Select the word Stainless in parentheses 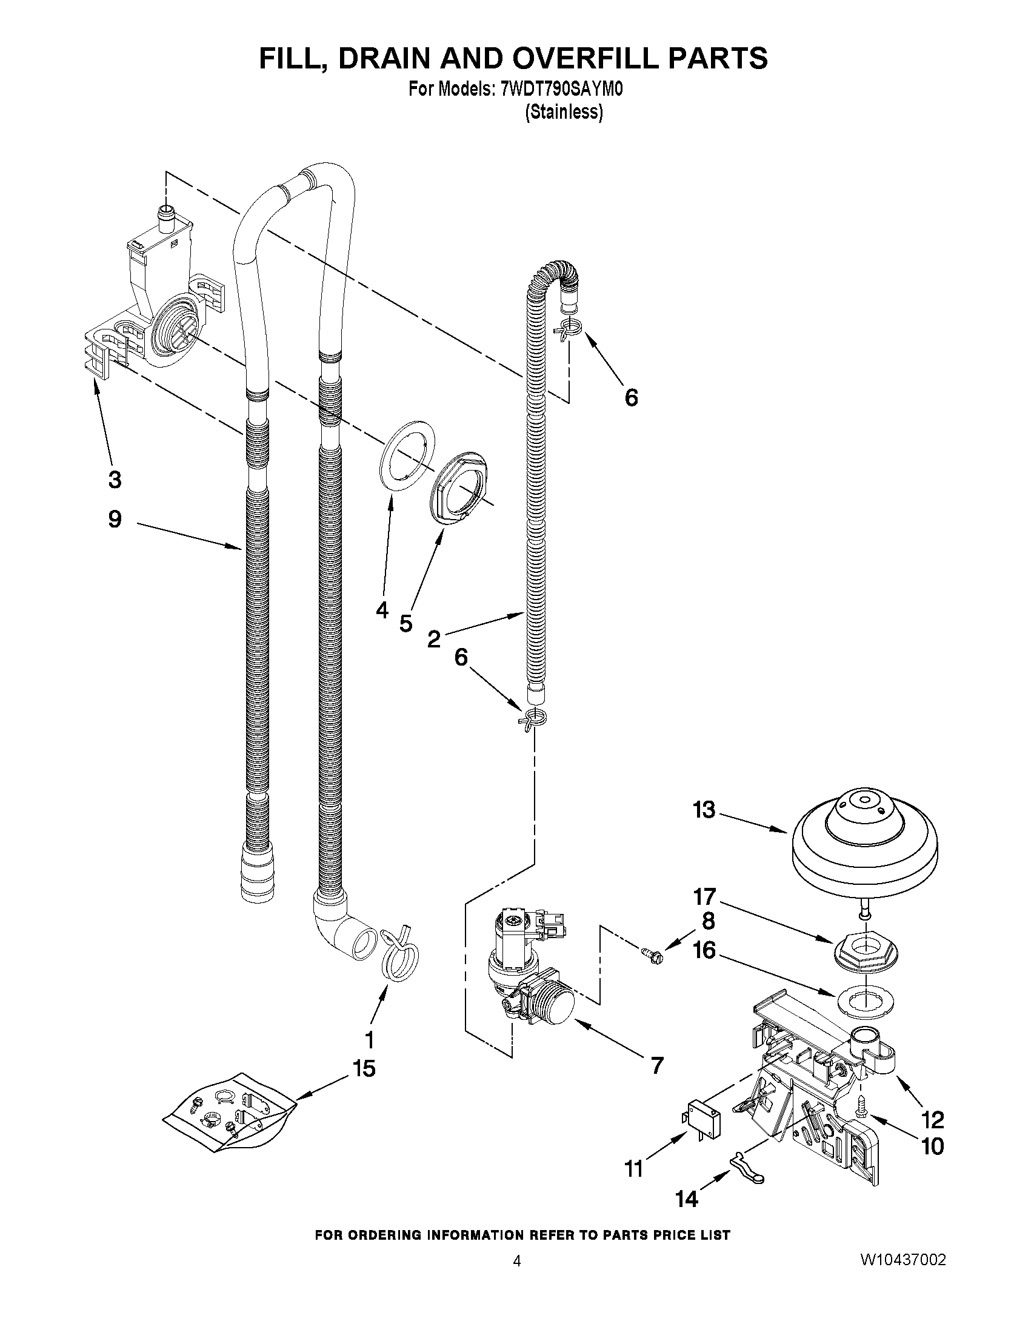click(564, 112)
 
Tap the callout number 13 click(704, 810)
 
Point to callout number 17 click(704, 896)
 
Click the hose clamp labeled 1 click(400, 956)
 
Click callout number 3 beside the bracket click(114, 479)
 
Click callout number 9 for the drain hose click(114, 519)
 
